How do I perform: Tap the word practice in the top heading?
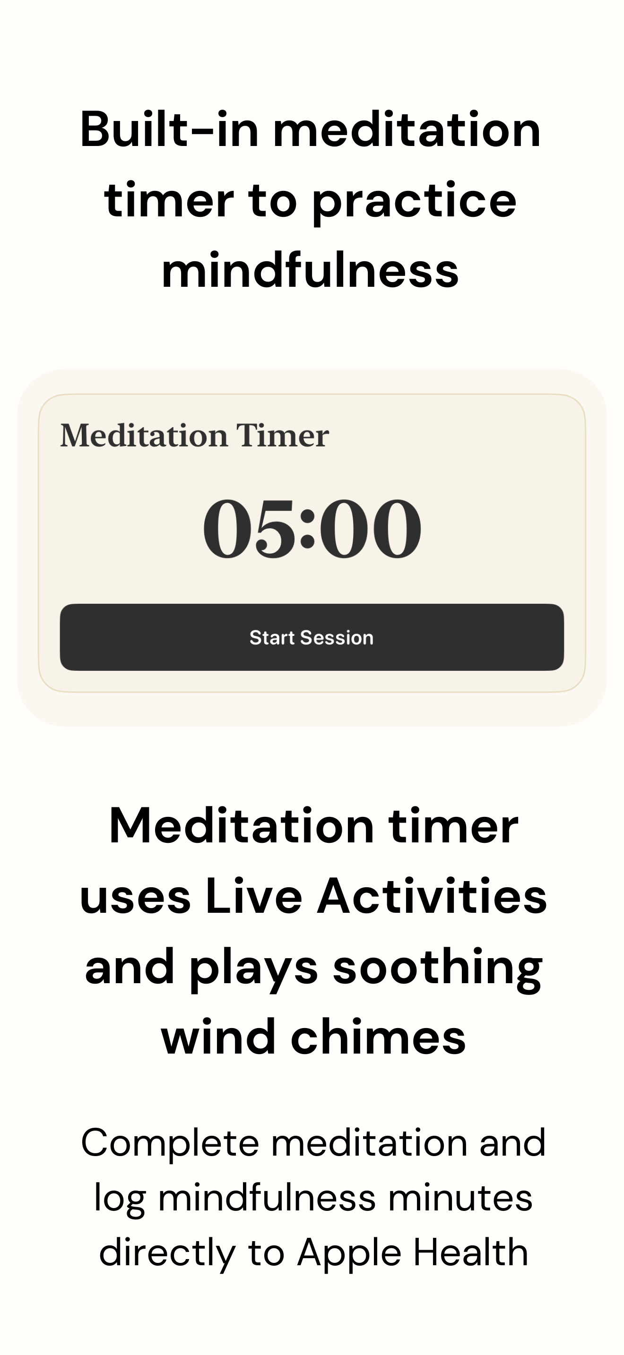coord(415,201)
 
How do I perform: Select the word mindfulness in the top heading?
coord(311,271)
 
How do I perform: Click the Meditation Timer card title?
coord(195,436)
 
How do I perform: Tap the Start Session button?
coord(312,637)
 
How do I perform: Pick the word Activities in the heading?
coord(432,897)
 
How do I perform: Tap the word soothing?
coord(437,968)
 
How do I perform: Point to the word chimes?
coord(378,1038)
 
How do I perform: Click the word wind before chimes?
coord(218,1038)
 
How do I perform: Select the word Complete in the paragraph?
coord(170,1142)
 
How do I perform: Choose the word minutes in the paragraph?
coord(460,1198)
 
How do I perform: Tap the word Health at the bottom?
coord(470,1252)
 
